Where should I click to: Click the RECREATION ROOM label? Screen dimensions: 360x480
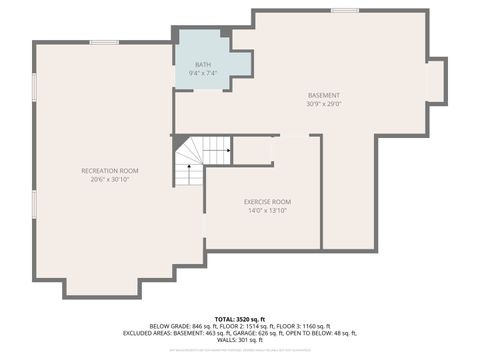(109, 171)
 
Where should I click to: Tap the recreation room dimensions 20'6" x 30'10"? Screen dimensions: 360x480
(109, 181)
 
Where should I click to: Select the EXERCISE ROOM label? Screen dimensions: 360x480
(268, 201)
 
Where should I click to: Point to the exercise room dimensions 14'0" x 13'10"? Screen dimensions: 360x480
(268, 211)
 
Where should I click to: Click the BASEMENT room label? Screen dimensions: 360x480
(323, 95)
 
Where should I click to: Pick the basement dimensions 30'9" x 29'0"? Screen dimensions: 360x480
(323, 104)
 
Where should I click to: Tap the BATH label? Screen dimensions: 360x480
(203, 65)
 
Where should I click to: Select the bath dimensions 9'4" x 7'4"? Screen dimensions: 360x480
(203, 74)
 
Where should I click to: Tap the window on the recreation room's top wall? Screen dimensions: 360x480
(104, 42)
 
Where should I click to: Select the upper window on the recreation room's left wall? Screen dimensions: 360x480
(34, 85)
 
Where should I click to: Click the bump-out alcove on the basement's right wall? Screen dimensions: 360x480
(436, 80)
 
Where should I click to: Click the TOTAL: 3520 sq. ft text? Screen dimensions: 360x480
(239, 316)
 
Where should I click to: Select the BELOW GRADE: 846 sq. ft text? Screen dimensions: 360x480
(183, 325)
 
